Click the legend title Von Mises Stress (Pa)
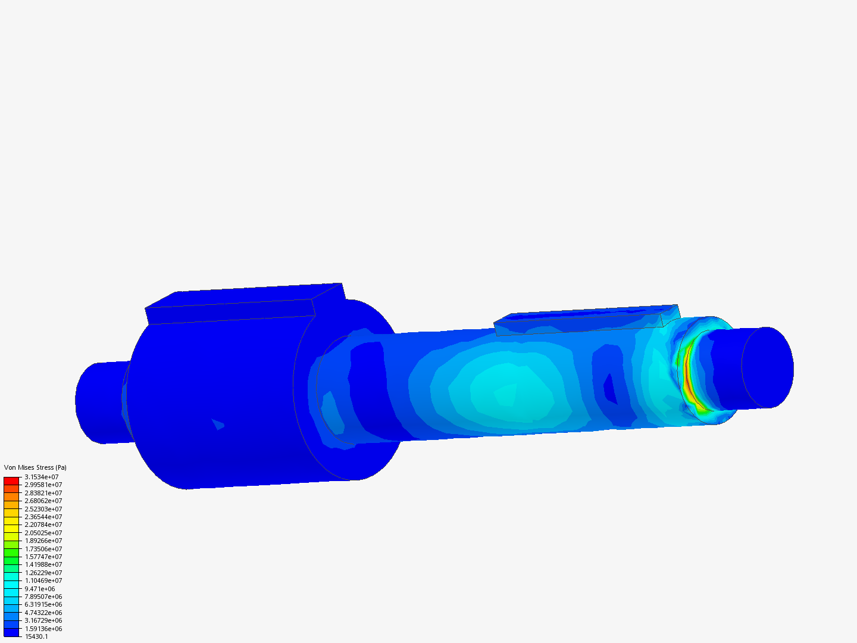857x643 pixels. (x=35, y=467)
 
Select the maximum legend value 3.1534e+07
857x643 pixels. (x=42, y=477)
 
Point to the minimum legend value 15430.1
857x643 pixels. (x=36, y=636)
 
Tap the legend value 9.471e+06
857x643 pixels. (x=40, y=589)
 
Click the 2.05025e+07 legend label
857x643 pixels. (x=43, y=533)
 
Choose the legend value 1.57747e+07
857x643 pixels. (x=43, y=557)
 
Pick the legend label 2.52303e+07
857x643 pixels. (x=43, y=509)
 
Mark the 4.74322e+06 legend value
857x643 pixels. (x=43, y=613)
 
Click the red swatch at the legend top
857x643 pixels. (x=11, y=480)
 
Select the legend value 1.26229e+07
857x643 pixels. (x=43, y=573)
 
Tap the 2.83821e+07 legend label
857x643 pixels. (x=43, y=493)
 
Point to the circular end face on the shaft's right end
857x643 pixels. (x=767, y=367)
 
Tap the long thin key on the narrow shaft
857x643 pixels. (x=583, y=320)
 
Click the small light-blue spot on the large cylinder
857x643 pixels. (x=218, y=424)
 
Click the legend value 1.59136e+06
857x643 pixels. (x=43, y=629)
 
